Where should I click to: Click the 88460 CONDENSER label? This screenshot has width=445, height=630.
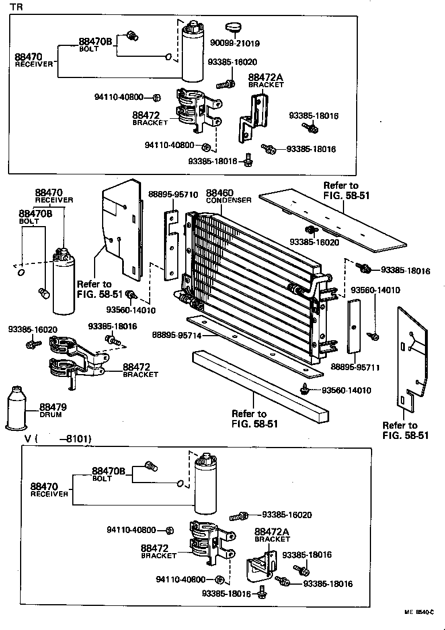pyautogui.click(x=228, y=196)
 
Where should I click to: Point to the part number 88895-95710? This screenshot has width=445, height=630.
pyautogui.click(x=173, y=195)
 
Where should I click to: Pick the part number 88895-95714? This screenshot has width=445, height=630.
pyautogui.click(x=177, y=335)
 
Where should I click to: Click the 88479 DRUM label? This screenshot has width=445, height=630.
pyautogui.click(x=53, y=411)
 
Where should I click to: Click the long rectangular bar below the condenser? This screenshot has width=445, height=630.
pyautogui.click(x=261, y=390)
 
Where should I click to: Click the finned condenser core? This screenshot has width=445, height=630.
pyautogui.click(x=252, y=275)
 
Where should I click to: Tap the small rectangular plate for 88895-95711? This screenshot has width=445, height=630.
pyautogui.click(x=353, y=324)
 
